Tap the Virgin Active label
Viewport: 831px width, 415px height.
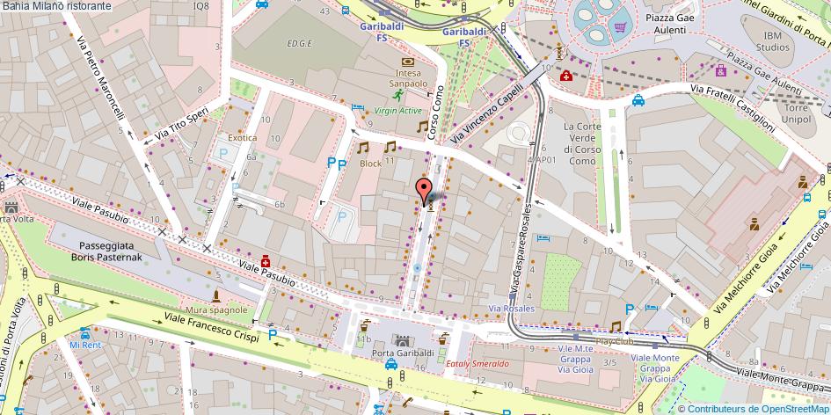pos(397,111)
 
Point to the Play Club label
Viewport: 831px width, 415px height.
pos(615,340)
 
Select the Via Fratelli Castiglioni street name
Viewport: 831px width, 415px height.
pos(732,110)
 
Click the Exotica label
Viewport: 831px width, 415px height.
pos(243,138)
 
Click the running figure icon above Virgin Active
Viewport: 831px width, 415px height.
pos(397,93)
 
